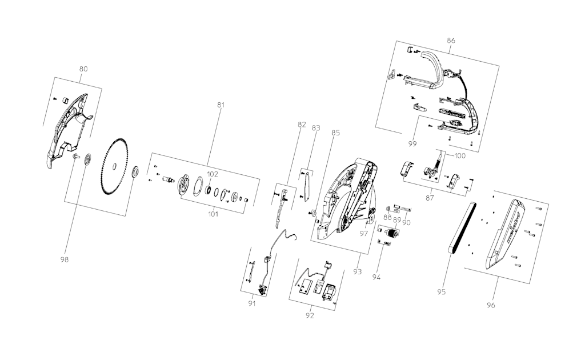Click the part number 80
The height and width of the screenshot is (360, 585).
coord(83,69)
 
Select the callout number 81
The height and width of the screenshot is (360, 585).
coord(221,105)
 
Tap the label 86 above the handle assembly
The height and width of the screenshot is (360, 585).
coord(451,41)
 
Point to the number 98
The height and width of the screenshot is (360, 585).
coord(64,259)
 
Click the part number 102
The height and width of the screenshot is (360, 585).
coord(213,174)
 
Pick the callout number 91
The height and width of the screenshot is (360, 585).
coord(252,303)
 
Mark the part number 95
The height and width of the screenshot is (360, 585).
coord(441,292)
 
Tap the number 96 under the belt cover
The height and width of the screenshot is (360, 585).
coord(491,305)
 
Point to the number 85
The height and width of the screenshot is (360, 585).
coord(335,133)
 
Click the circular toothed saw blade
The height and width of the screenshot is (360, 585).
coord(115,166)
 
